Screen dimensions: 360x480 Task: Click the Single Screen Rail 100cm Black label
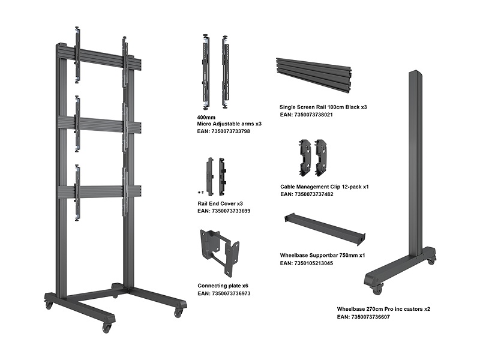click(x=323, y=107)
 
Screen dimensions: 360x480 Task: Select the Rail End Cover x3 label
click(x=220, y=204)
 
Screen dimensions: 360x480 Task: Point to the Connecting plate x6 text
click(x=223, y=286)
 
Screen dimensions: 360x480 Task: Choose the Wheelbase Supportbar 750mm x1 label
click(x=323, y=255)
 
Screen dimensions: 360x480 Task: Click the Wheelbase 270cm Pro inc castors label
click(x=383, y=309)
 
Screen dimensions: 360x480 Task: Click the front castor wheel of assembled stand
click(x=107, y=328)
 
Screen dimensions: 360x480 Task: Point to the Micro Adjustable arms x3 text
click(x=229, y=123)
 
